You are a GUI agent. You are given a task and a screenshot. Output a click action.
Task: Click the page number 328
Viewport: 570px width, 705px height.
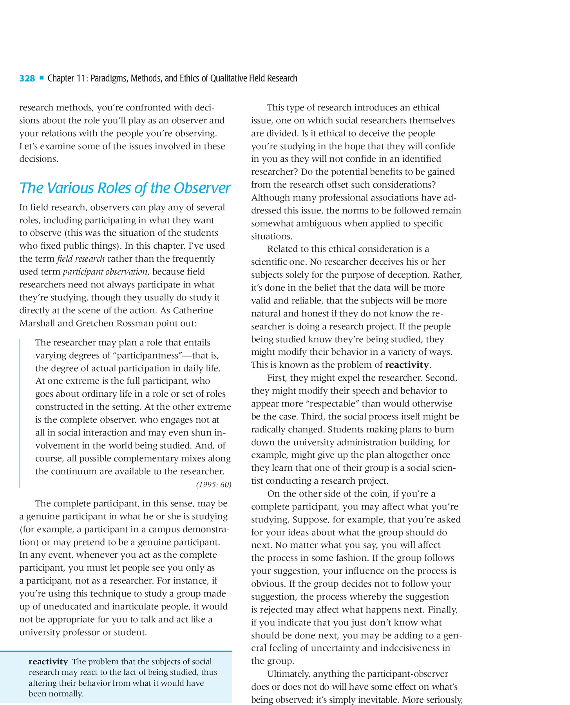pos(27,78)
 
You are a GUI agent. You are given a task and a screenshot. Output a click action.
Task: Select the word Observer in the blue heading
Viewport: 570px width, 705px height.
pos(202,188)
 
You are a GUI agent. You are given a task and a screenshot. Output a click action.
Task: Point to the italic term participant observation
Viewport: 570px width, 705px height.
pos(105,272)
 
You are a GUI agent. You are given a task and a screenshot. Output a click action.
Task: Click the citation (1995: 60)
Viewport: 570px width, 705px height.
pos(214,485)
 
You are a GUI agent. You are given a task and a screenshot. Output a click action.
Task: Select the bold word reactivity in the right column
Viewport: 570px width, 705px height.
pos(407,365)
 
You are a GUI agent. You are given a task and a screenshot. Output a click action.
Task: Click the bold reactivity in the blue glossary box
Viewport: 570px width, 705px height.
pos(48,662)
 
